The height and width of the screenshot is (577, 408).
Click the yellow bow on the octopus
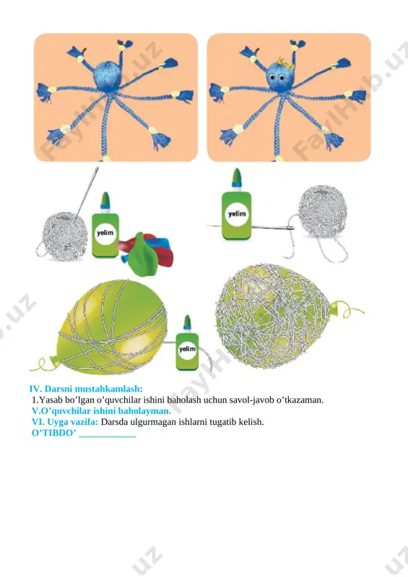pyautogui.click(x=287, y=63)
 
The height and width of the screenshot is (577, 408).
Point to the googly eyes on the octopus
pyautogui.click(x=277, y=77)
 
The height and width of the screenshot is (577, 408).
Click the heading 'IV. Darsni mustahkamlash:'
pyautogui.click(x=86, y=389)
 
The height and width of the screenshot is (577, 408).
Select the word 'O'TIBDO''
pyautogui.click(x=54, y=433)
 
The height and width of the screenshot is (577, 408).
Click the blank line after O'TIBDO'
pyautogui.click(x=108, y=436)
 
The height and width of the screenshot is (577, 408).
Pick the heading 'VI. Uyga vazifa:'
pyautogui.click(x=65, y=422)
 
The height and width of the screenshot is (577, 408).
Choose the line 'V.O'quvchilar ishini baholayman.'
pyautogui.click(x=101, y=410)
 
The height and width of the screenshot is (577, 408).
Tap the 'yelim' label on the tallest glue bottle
pyautogui.click(x=237, y=213)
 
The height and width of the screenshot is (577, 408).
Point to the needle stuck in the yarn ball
pyautogui.click(x=87, y=193)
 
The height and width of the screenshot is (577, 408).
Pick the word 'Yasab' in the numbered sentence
pyautogui.click(x=50, y=400)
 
